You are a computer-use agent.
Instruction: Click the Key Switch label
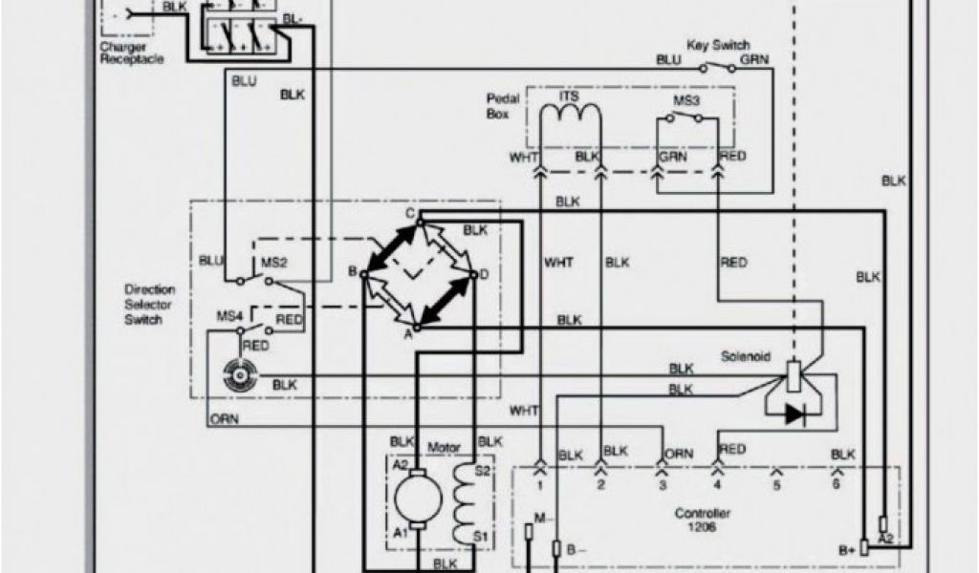717,45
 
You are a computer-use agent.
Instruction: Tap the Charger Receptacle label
131,53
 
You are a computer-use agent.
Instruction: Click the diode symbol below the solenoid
794,414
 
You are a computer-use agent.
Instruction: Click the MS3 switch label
685,99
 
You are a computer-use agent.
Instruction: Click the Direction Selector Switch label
149,304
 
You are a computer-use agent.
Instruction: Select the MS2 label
262,261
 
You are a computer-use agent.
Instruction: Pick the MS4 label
228,316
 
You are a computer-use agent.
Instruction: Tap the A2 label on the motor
401,463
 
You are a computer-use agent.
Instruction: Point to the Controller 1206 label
703,520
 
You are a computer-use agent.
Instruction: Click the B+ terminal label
845,549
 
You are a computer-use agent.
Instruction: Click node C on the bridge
409,213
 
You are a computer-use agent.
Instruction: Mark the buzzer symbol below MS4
234,375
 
